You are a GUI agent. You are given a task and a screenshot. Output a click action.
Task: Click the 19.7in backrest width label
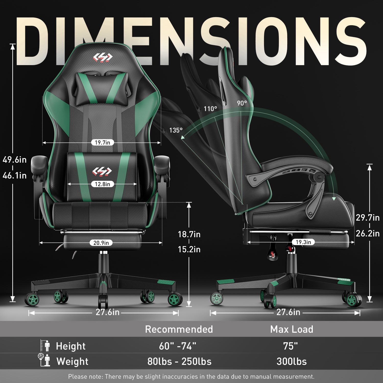coord(102,142)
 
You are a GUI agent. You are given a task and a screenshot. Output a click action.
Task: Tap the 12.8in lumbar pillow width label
coord(102,184)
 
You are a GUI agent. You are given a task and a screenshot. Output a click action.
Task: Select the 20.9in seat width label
coord(101,243)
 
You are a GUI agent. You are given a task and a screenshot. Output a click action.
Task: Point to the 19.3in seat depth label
coord(303,242)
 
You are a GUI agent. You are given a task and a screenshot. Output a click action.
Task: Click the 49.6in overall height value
coord(15,160)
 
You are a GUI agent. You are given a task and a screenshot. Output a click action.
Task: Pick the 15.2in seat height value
coord(189,249)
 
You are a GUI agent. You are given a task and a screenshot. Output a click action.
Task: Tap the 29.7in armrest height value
coord(368,218)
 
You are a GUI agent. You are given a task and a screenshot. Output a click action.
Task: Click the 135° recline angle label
coord(176,130)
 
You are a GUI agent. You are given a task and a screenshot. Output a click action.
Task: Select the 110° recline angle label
coord(210,109)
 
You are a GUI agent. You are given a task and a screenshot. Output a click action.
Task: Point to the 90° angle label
coord(242,103)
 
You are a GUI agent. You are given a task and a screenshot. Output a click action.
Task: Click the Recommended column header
coord(179,329)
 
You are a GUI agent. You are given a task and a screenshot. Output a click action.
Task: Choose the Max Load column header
coord(292,329)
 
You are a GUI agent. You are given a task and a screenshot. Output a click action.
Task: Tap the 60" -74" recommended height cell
coord(178,346)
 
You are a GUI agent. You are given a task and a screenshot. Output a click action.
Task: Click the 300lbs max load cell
coord(292,362)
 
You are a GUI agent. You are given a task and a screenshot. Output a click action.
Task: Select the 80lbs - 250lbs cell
coord(179,362)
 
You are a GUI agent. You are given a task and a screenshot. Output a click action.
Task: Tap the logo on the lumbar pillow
coord(102,171)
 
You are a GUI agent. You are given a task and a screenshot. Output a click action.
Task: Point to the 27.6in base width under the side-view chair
coord(288,312)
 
